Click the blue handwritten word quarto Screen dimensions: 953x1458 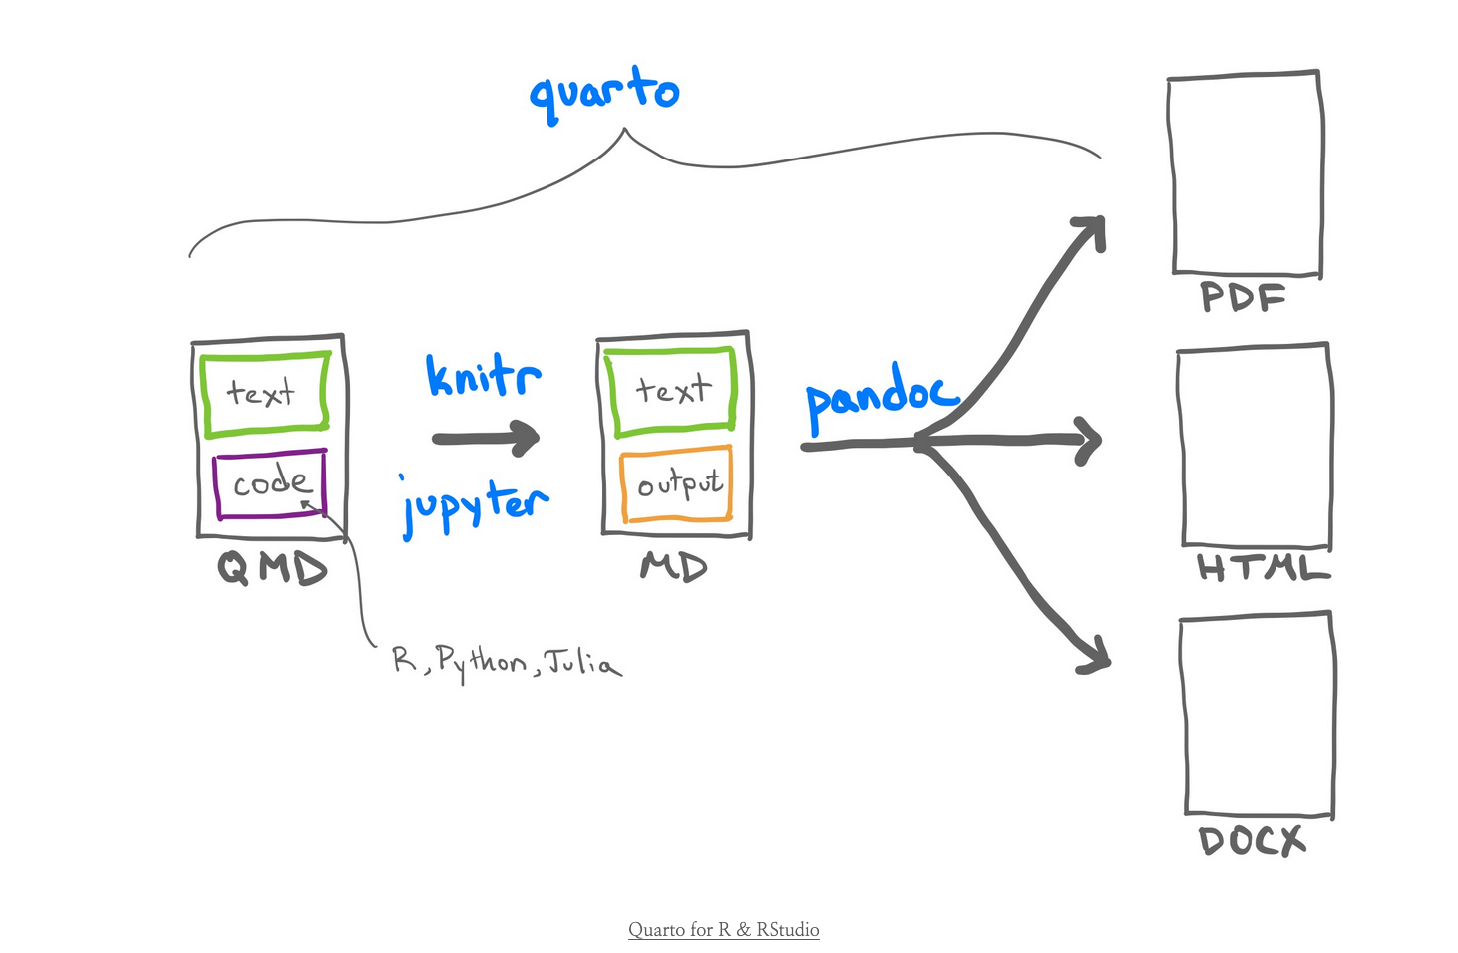[604, 93]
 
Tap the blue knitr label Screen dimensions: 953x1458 [484, 376]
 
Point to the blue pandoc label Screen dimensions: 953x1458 [881, 396]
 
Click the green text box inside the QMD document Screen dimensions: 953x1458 [266, 393]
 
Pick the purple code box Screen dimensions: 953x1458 [270, 484]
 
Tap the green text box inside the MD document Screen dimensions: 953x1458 [673, 390]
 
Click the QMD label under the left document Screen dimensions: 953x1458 [272, 568]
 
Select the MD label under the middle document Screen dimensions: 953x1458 [674, 567]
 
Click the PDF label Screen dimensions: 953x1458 [1243, 297]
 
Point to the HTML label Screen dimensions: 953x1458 [1263, 568]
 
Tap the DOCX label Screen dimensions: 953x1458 [1252, 841]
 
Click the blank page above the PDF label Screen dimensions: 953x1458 [1246, 173]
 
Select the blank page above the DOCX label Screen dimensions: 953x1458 [1258, 716]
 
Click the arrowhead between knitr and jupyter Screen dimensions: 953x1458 [523, 437]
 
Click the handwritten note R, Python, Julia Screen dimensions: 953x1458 [508, 663]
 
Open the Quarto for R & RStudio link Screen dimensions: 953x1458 [723, 930]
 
